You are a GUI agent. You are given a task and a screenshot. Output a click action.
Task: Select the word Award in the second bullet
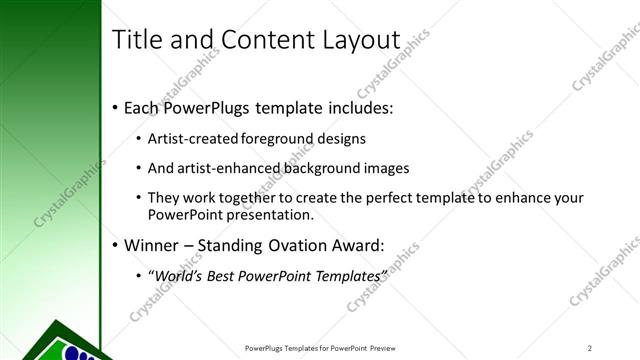359,244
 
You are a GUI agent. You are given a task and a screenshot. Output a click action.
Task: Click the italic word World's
175,274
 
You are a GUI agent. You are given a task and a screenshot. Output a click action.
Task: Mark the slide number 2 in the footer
591,348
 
